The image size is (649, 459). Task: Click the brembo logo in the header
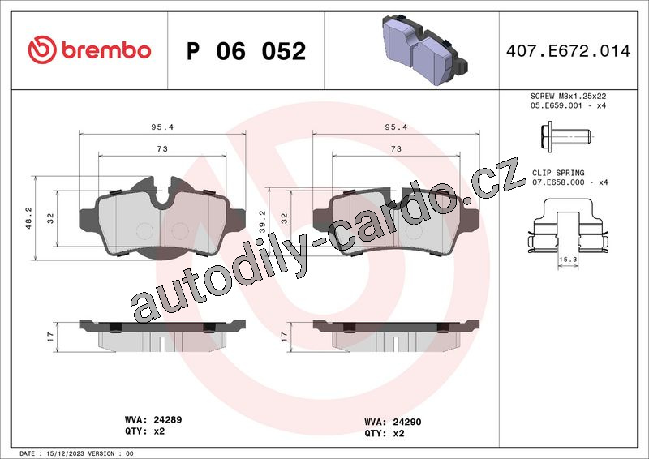click(x=89, y=50)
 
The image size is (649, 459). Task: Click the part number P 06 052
click(x=247, y=51)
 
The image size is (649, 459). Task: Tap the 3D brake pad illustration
click(x=424, y=49)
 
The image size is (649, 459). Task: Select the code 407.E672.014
click(x=568, y=51)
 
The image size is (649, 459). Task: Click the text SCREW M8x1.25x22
click(x=569, y=96)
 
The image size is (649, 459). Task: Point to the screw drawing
click(x=565, y=135)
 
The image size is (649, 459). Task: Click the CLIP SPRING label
click(x=558, y=173)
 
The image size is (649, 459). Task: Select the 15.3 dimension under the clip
click(x=568, y=260)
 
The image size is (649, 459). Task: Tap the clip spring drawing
click(x=569, y=226)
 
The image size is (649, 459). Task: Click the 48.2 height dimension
click(x=28, y=217)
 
